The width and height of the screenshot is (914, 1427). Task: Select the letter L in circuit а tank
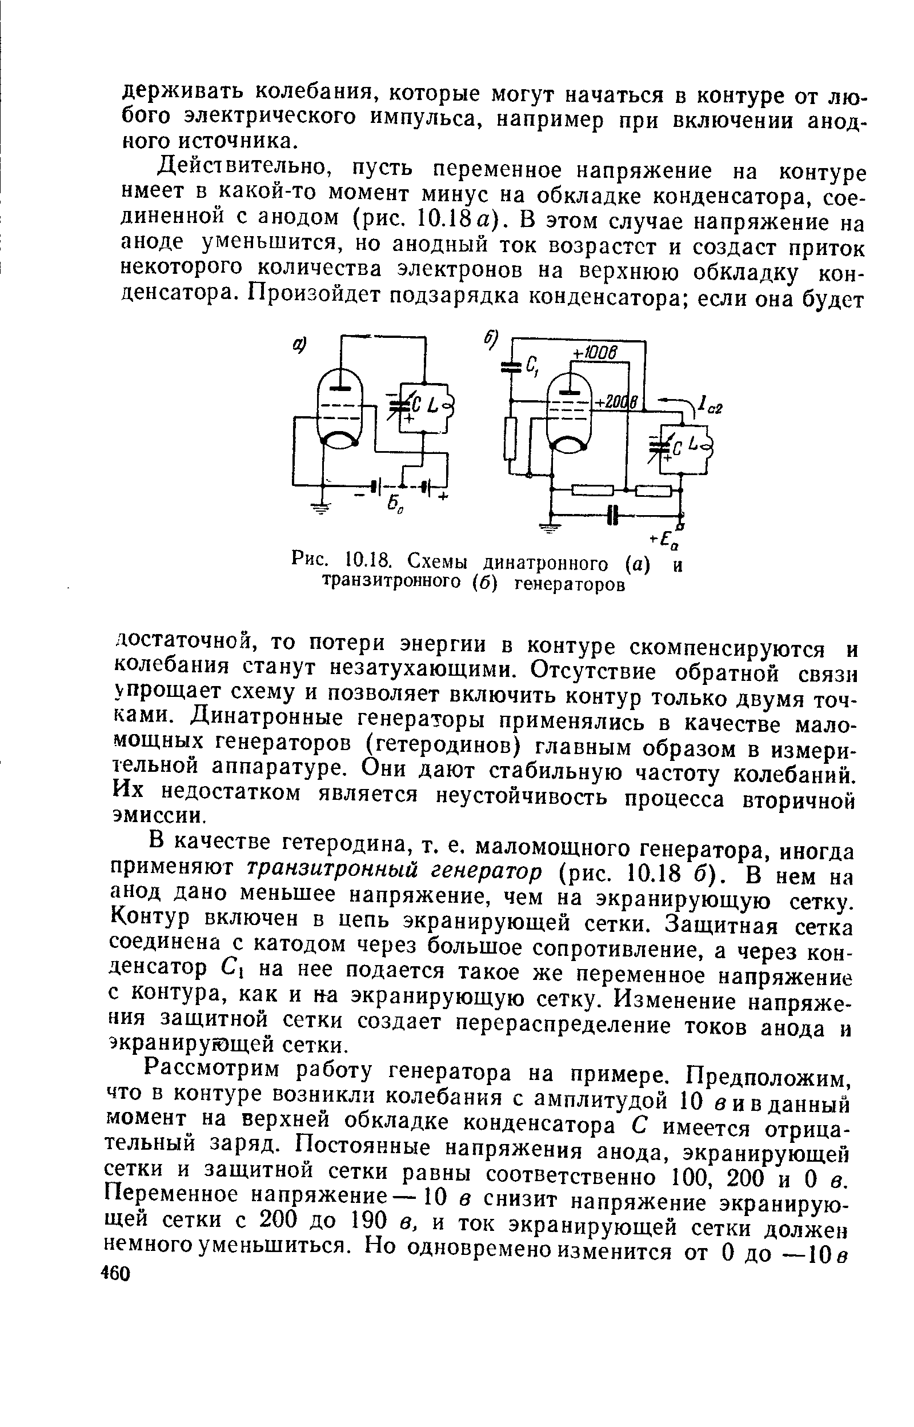pos(432,405)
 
